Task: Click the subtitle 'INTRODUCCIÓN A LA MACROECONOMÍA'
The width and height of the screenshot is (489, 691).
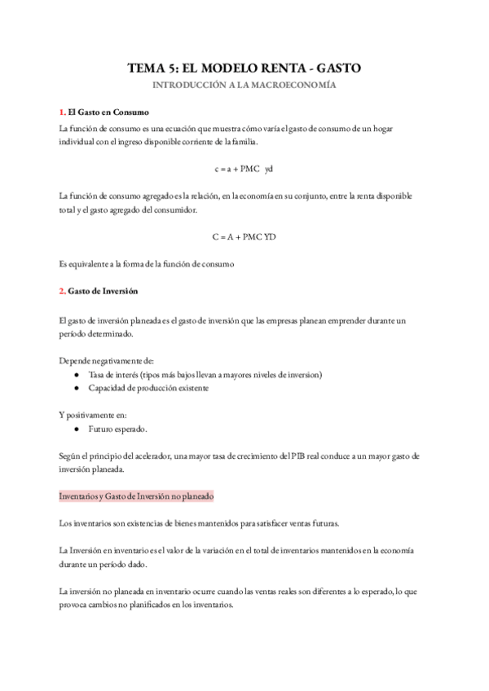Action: pyautogui.click(x=244, y=86)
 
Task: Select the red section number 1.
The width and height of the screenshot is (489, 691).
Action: pyautogui.click(x=62, y=112)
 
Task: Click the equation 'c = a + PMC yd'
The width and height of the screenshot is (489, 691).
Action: pyautogui.click(x=244, y=169)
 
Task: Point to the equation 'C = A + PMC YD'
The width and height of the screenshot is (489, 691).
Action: pyautogui.click(x=244, y=237)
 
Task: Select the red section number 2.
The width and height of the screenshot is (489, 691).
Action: pyautogui.click(x=63, y=291)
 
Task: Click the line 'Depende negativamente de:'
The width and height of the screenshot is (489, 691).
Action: pyautogui.click(x=107, y=361)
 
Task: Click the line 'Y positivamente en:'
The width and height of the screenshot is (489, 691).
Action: pyautogui.click(x=93, y=415)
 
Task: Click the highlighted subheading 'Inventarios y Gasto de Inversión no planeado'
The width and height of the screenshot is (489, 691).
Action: pyautogui.click(x=136, y=495)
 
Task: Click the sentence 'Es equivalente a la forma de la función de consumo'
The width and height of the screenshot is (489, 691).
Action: pyautogui.click(x=147, y=264)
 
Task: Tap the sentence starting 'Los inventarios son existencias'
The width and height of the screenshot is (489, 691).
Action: pyautogui.click(x=200, y=522)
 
